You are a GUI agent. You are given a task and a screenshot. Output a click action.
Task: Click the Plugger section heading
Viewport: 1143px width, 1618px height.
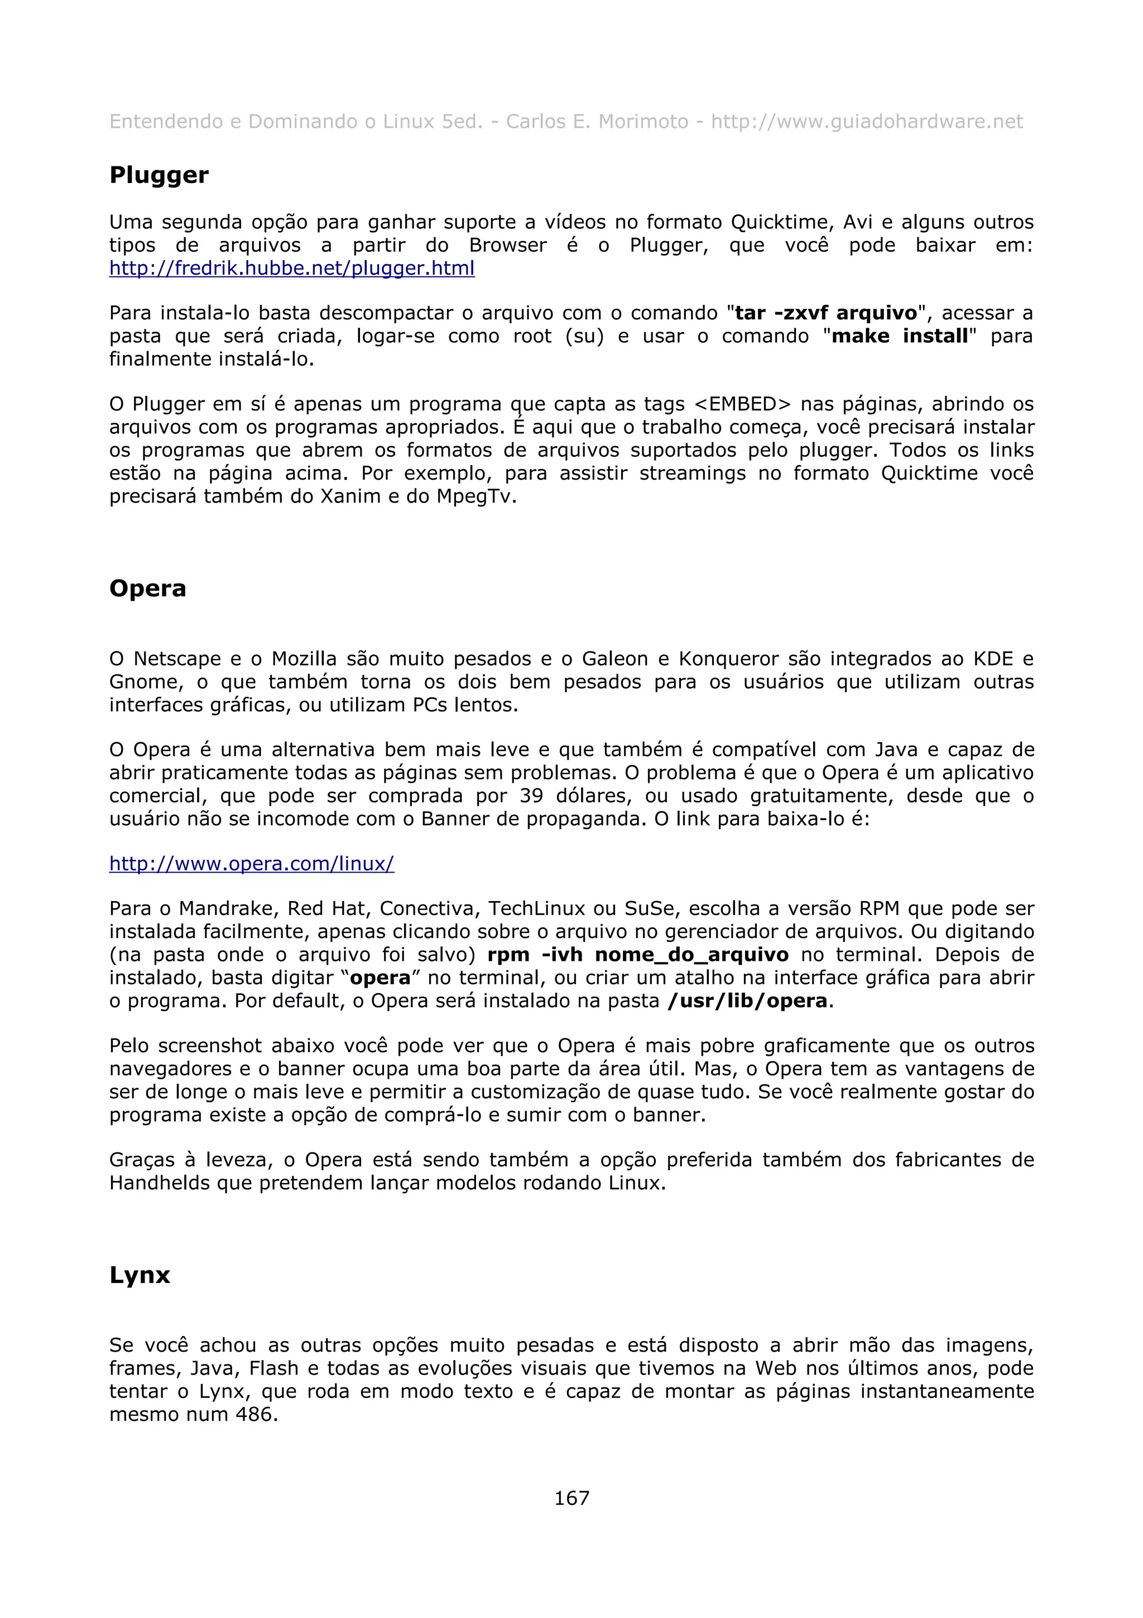pos(159,175)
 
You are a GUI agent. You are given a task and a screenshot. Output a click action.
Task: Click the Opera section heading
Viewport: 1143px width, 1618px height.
pos(147,588)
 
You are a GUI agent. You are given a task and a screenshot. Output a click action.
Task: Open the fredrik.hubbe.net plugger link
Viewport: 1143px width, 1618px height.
pos(291,269)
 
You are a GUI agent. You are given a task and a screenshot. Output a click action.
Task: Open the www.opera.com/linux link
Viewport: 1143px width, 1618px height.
pos(251,864)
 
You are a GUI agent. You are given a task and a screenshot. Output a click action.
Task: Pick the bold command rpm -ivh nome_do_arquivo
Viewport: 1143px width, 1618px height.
pos(637,955)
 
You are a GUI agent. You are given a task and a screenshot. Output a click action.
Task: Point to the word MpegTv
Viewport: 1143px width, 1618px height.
pos(476,497)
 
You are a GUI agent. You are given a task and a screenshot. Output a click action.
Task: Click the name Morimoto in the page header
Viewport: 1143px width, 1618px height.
pos(643,122)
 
